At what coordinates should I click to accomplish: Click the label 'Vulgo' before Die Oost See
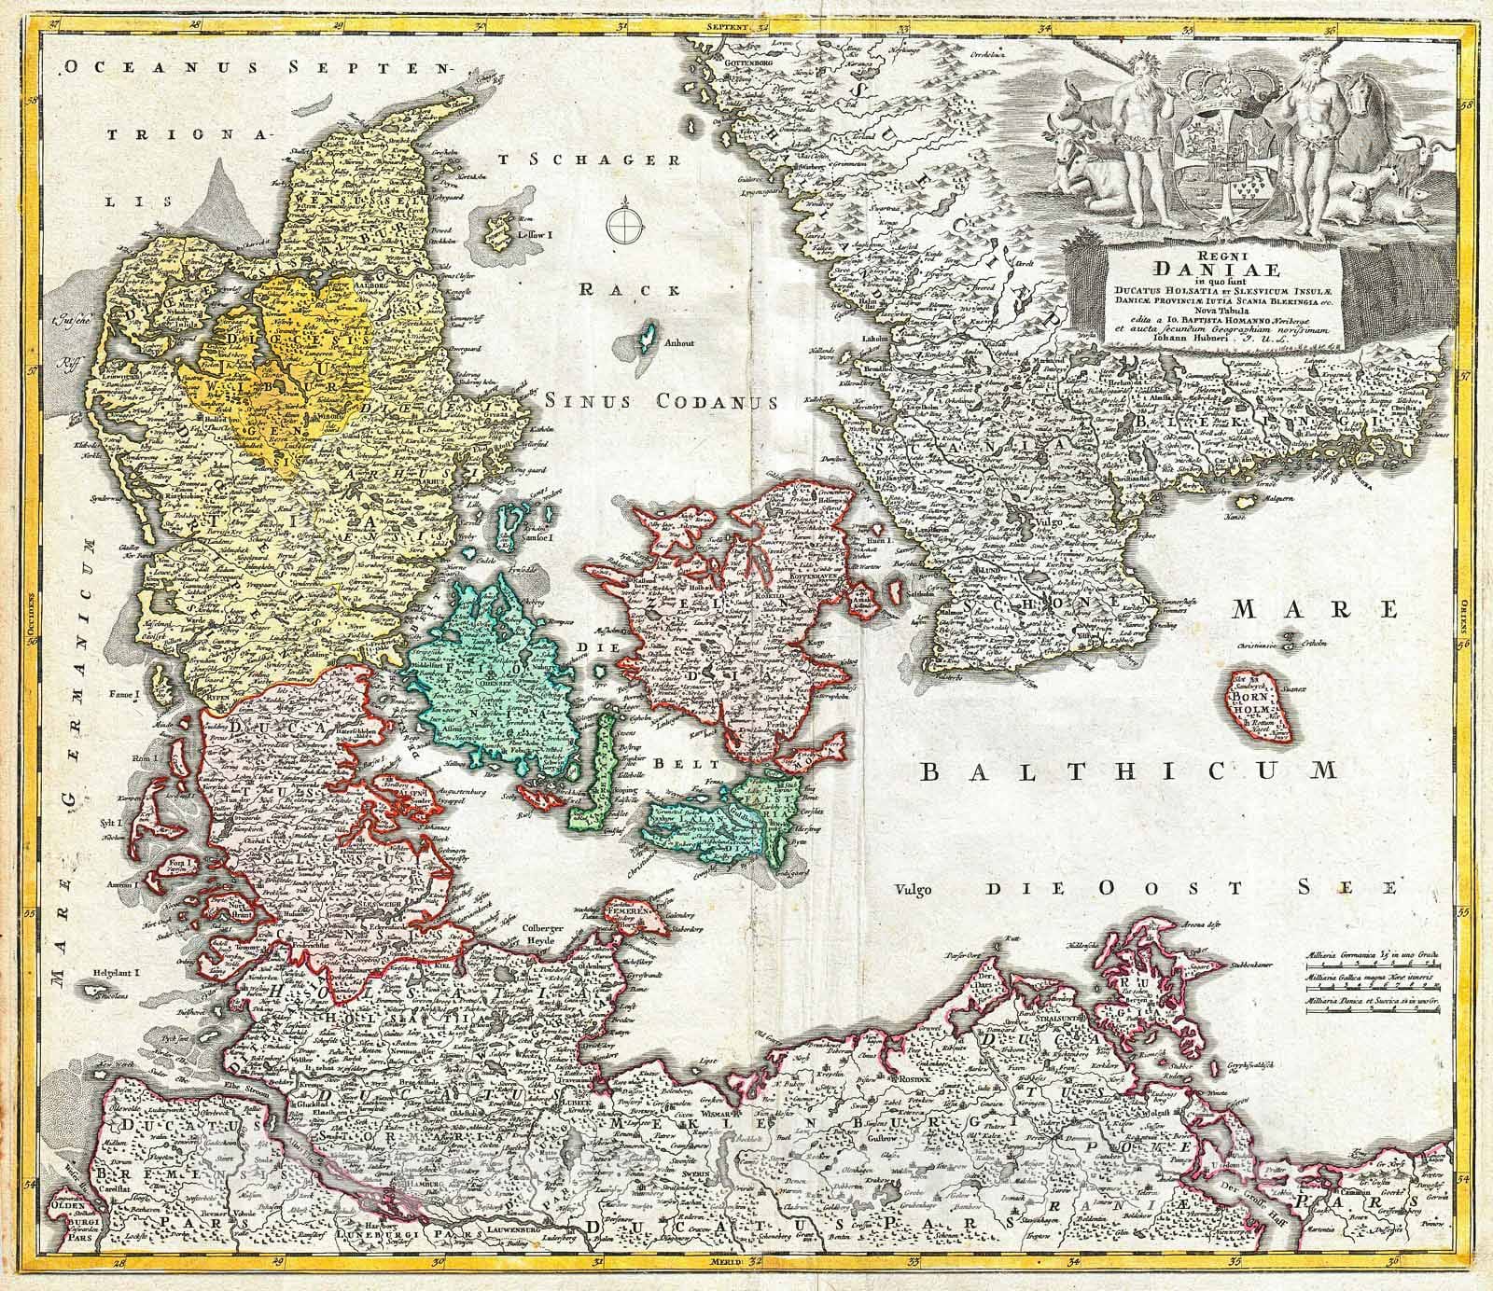[913, 889]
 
